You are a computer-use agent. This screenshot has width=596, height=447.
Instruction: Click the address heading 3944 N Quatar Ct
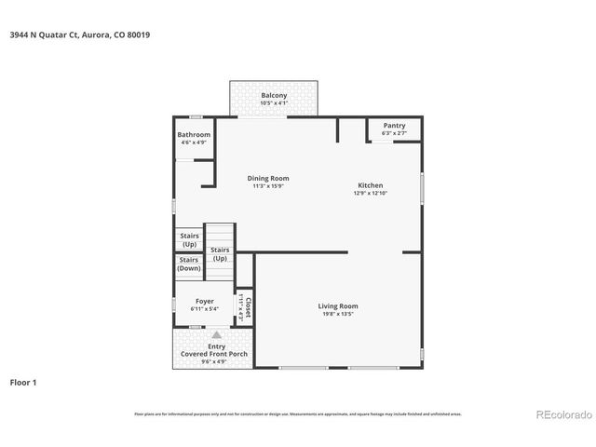click(79, 34)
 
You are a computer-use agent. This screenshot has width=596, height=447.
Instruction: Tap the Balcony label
click(274, 96)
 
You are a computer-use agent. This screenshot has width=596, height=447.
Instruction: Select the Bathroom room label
click(194, 135)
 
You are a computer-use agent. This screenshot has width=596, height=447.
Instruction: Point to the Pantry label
click(395, 126)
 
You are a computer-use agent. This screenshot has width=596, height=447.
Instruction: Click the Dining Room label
click(267, 178)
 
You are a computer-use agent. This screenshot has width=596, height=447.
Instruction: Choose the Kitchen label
click(370, 185)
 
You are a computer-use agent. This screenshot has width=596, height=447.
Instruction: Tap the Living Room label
click(337, 305)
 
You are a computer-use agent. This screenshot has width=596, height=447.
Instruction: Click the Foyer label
click(203, 301)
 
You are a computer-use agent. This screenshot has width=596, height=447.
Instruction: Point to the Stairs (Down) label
click(189, 264)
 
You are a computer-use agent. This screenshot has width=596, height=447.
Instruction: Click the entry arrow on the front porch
click(217, 334)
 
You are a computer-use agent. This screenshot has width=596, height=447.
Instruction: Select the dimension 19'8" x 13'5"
click(337, 314)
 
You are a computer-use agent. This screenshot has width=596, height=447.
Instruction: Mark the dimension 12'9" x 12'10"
click(370, 194)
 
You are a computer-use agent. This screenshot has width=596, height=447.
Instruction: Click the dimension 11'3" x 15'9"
click(267, 186)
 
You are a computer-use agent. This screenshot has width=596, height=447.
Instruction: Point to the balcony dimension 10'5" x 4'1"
click(274, 103)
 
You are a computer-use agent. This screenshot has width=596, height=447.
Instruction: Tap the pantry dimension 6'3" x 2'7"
click(395, 133)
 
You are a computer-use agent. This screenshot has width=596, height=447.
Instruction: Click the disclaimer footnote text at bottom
click(297, 413)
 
